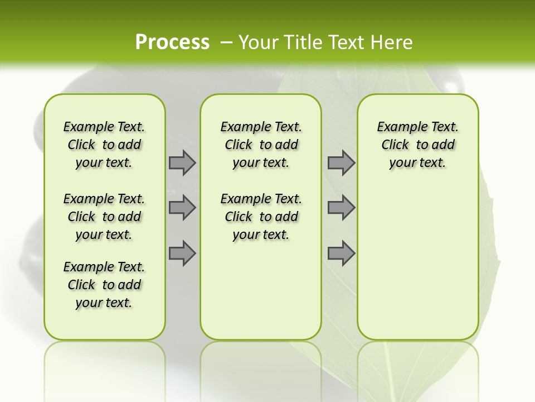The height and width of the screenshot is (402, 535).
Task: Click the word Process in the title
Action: pyautogui.click(x=172, y=42)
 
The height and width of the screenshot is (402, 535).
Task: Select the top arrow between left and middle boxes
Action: pyautogui.click(x=182, y=162)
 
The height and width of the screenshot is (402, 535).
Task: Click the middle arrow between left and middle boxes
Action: pyautogui.click(x=182, y=208)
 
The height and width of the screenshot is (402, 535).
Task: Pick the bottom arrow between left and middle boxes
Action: pyautogui.click(x=182, y=253)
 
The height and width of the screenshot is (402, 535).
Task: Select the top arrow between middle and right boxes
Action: pyautogui.click(x=341, y=162)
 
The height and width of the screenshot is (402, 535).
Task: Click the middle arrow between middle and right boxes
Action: pyautogui.click(x=341, y=208)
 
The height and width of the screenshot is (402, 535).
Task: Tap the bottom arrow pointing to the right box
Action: pyautogui.click(x=341, y=253)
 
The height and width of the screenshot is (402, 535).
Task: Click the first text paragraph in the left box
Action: pyautogui.click(x=104, y=145)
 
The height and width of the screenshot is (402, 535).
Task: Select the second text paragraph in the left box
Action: pyautogui.click(x=104, y=217)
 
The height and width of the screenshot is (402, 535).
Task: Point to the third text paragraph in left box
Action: pyautogui.click(x=104, y=285)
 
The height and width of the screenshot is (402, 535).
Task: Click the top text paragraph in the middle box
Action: pyautogui.click(x=261, y=145)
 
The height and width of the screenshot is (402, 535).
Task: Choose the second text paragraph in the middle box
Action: pyautogui.click(x=261, y=217)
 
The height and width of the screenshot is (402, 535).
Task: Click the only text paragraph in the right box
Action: pyautogui.click(x=417, y=145)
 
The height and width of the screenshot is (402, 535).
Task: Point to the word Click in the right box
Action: pyautogui.click(x=395, y=145)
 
